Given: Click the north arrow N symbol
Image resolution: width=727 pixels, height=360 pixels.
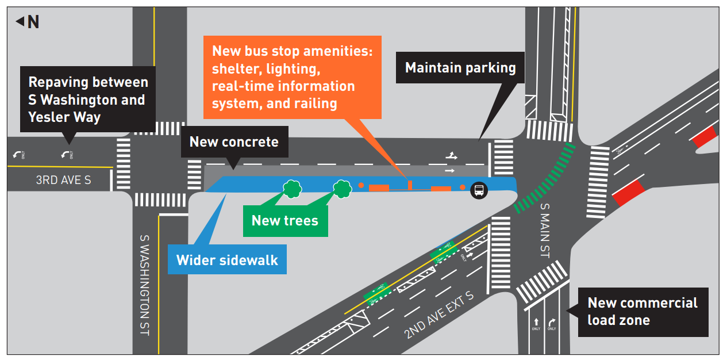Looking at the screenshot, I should coord(28,22).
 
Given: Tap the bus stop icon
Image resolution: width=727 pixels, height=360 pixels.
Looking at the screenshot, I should coord(478,190).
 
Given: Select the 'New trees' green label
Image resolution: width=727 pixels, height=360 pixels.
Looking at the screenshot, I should coord(285,220).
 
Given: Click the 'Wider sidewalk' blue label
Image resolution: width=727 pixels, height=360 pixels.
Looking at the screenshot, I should coord(227,260).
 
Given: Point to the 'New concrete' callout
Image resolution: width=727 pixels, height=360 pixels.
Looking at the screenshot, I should coord(234,141).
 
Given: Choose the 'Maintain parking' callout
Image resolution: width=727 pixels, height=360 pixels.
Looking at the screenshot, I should coord(460,68).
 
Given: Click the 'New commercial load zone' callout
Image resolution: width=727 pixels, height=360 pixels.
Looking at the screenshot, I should coord(643,311).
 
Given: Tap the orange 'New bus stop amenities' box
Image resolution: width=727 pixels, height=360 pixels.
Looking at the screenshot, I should coord(293,77).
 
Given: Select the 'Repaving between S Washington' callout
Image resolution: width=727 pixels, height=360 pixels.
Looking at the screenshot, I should coord(88,99).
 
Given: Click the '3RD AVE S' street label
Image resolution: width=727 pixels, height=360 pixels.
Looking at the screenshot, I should coord(63,180).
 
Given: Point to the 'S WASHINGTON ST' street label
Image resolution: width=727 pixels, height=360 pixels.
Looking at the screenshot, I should coord(145,284).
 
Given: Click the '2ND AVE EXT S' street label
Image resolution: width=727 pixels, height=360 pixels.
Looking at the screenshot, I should coord(438,315).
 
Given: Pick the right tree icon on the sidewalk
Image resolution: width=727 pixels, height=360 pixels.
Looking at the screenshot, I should coord(343,188).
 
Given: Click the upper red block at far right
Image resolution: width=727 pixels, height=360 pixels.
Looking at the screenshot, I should coord(704,137).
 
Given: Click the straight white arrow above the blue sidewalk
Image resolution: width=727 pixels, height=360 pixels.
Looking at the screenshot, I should coord(449,170).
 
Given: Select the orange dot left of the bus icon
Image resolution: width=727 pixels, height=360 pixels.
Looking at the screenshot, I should coord(463,187).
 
